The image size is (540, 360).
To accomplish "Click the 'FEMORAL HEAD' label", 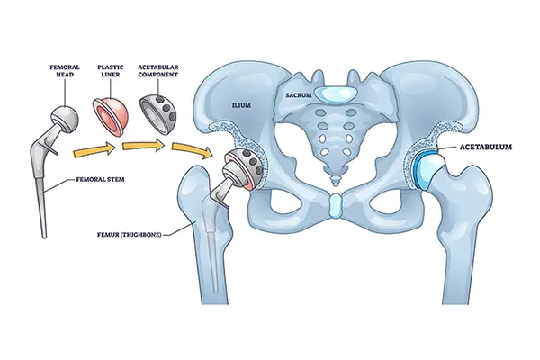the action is click(65, 70).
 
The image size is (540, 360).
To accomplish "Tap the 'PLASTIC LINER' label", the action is click(111, 70).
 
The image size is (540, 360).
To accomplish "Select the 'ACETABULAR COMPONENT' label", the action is click(158, 70).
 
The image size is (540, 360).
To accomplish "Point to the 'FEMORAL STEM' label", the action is click(100, 179).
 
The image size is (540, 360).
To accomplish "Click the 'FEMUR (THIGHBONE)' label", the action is click(130, 236).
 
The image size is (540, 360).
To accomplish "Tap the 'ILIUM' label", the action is click(241, 105).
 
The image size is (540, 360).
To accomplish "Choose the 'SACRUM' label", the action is click(299, 95).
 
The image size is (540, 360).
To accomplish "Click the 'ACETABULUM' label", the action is click(486, 147).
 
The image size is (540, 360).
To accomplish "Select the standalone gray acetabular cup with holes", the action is click(158, 114).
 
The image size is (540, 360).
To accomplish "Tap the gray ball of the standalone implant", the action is click(66, 119).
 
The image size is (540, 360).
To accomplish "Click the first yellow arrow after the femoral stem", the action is click(94, 151).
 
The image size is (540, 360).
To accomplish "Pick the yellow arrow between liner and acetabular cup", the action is click(143, 146).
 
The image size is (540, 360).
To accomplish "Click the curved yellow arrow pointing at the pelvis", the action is click(192, 149).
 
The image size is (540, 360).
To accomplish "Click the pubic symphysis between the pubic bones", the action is click(335, 206).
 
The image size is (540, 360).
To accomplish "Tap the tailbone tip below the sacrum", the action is click(334, 180).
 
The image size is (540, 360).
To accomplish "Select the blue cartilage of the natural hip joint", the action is click(419, 169).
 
